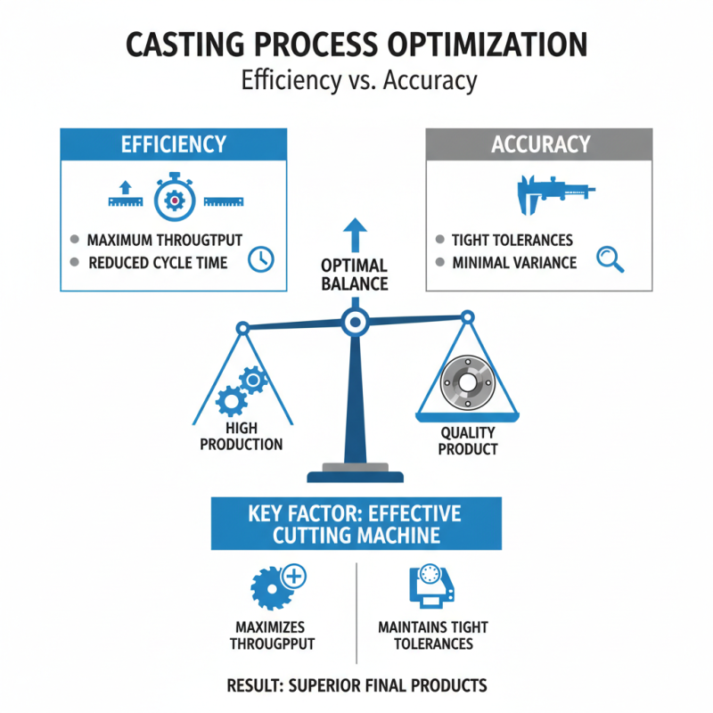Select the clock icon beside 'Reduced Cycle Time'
[x=261, y=259]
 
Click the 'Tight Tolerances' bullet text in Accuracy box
[x=512, y=241]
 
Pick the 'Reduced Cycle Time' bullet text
[x=158, y=263]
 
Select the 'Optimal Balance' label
[x=355, y=275]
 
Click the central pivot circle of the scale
[x=355, y=320]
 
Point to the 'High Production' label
[x=242, y=437]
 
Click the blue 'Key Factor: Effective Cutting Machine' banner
[x=356, y=523]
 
